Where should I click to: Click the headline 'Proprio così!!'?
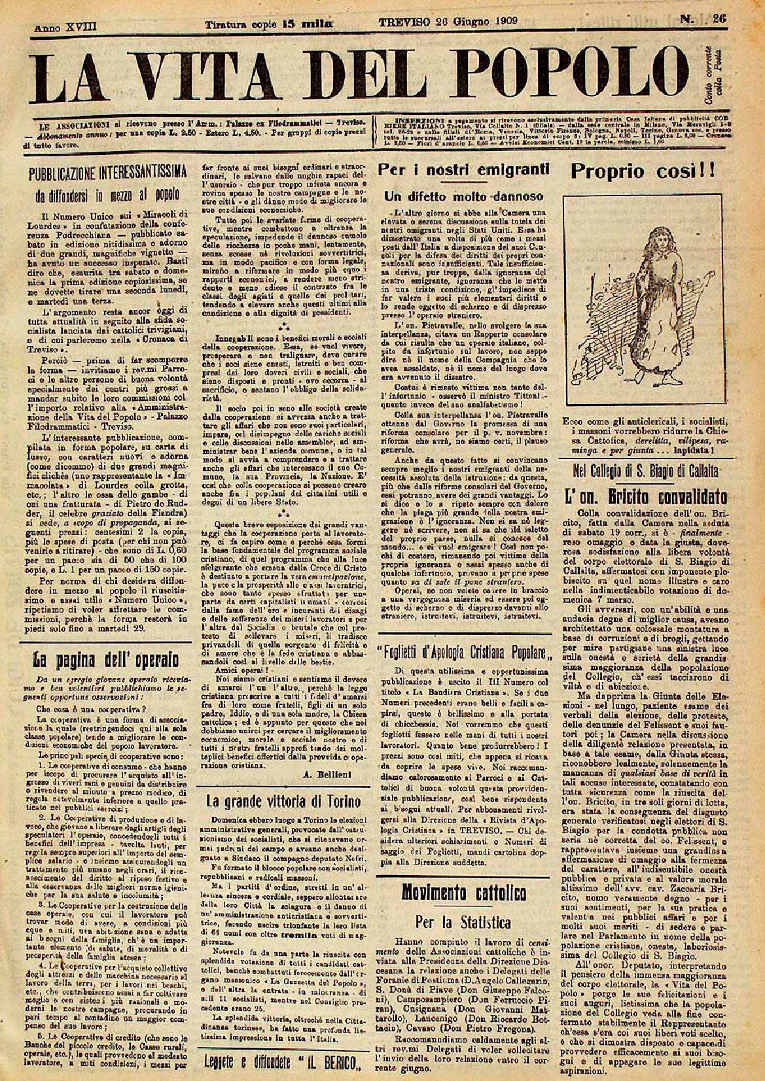point(635,171)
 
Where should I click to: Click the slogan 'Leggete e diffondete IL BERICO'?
point(283,1062)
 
